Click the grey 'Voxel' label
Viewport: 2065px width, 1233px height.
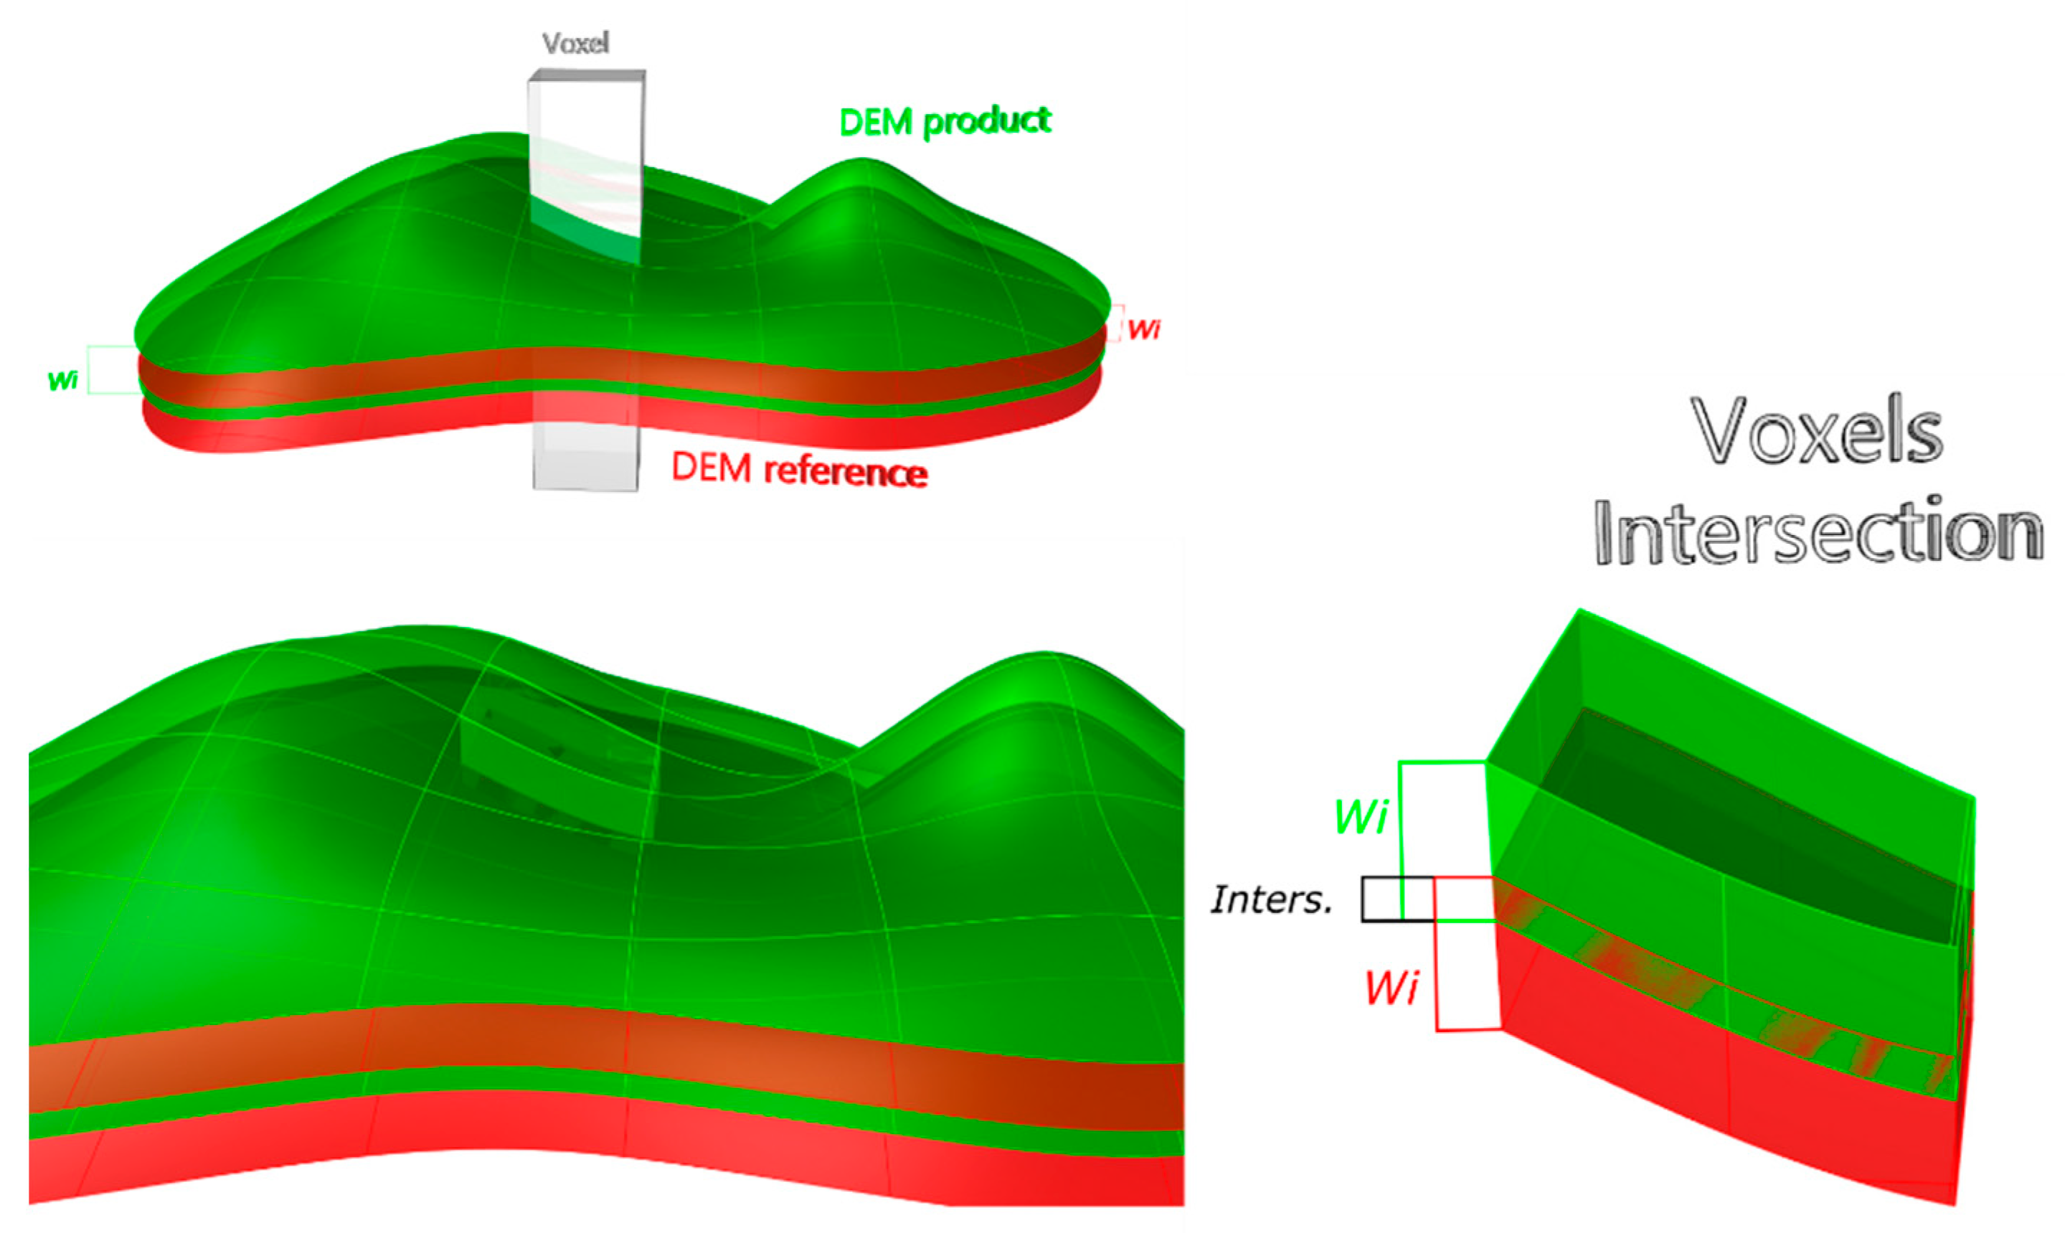point(576,43)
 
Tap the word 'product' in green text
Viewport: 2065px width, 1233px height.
point(988,121)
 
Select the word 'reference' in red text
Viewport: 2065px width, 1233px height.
point(846,471)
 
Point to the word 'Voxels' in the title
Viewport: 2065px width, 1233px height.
point(1817,432)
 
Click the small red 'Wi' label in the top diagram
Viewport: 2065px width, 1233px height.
point(1144,329)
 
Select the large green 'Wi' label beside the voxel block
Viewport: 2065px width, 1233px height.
point(1360,817)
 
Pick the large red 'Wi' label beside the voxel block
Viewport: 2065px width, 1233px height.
point(1391,988)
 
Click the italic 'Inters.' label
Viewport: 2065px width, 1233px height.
point(1272,899)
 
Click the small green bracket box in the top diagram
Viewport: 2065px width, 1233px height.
point(112,369)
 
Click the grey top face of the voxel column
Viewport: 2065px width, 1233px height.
point(587,75)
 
